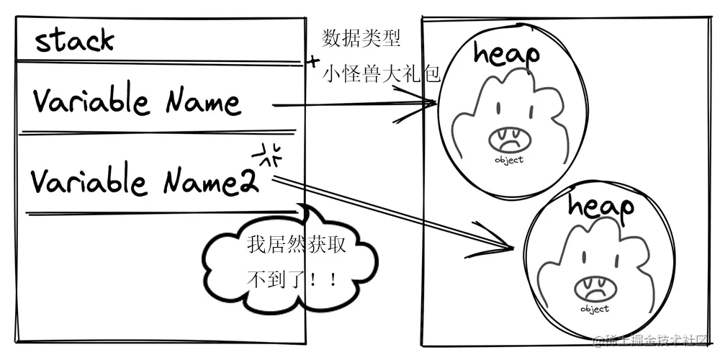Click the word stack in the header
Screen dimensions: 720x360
75,41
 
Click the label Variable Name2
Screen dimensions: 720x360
144,181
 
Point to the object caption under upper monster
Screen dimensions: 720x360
509,161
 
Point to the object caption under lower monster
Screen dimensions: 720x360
595,310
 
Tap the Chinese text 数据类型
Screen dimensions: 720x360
361,39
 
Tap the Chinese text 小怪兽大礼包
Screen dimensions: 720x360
381,73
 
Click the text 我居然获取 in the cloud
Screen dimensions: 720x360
297,246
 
